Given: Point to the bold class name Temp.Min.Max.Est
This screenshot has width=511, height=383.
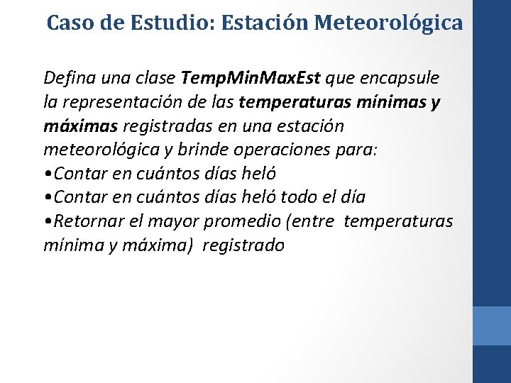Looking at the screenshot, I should [x=252, y=77].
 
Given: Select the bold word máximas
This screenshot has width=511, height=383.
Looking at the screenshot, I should [x=81, y=126].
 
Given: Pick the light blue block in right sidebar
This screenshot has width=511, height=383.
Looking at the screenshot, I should [x=491, y=326].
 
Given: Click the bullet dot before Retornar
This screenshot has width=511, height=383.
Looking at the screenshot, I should [x=47, y=221].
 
